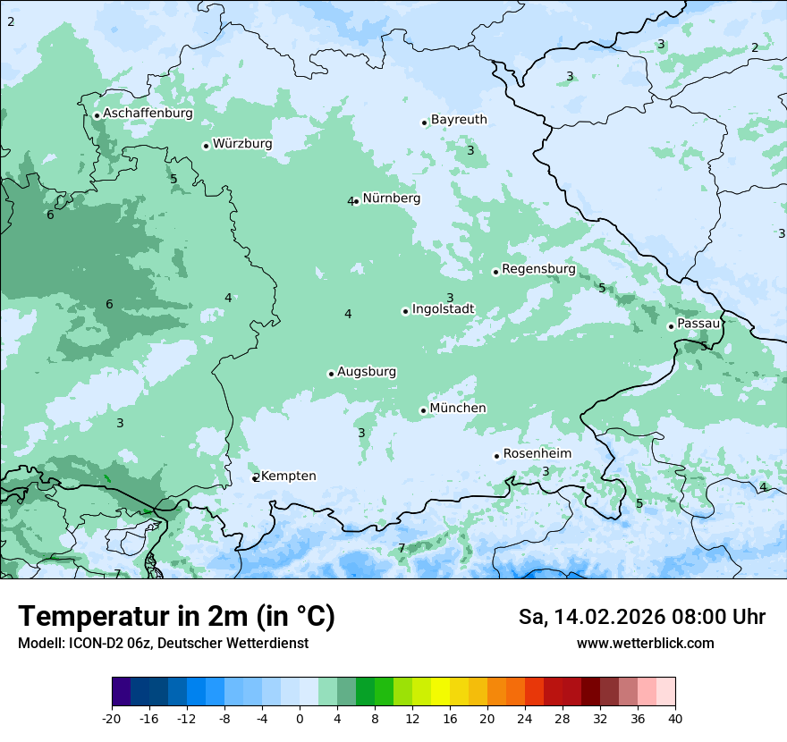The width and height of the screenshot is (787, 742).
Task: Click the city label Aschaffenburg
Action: click(x=148, y=114)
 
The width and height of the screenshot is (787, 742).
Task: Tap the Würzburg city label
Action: click(x=242, y=144)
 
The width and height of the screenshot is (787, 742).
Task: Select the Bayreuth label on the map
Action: click(x=459, y=120)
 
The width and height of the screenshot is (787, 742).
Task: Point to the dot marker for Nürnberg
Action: click(x=356, y=201)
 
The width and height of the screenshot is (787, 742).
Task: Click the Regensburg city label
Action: click(x=538, y=269)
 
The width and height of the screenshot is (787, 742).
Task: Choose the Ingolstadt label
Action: click(x=443, y=309)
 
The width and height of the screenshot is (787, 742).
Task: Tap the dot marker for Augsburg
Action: click(x=331, y=374)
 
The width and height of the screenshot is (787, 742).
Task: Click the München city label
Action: click(x=458, y=409)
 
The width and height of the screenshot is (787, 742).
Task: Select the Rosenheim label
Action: click(x=537, y=454)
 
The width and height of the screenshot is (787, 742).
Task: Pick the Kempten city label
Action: click(x=288, y=476)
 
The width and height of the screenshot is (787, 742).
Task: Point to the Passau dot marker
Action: click(x=671, y=326)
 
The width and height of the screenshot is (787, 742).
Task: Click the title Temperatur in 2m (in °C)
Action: click(x=176, y=617)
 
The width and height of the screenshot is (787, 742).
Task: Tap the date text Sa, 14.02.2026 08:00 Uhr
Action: click(x=642, y=617)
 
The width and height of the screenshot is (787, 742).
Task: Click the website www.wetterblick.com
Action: click(x=645, y=644)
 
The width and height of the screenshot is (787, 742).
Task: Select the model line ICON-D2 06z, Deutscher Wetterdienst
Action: click(x=163, y=644)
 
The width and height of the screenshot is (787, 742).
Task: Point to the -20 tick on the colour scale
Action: click(x=112, y=718)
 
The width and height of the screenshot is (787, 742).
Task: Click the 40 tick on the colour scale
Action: click(x=674, y=718)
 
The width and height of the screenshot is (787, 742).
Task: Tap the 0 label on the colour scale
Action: click(x=300, y=718)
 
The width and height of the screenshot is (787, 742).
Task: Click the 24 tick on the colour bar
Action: click(x=525, y=718)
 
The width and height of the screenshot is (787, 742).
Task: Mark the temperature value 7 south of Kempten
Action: click(x=402, y=548)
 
